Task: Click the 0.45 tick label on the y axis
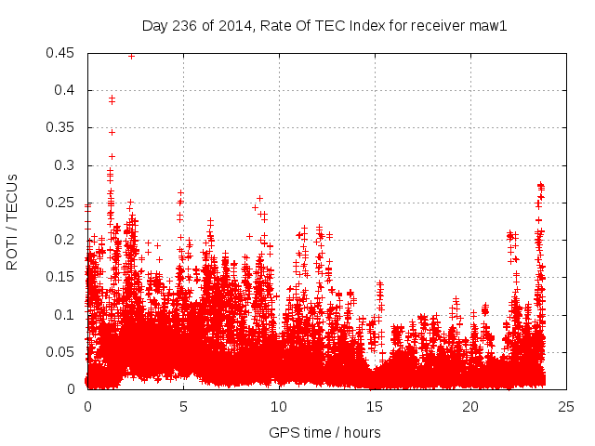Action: point(62,53)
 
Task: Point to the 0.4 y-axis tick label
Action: point(66,90)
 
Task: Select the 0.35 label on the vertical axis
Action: point(62,128)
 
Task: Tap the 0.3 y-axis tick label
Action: point(66,165)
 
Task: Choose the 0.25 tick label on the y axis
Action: point(62,203)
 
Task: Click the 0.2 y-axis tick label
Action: point(66,240)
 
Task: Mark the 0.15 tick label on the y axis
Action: point(62,277)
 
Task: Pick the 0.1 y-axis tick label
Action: point(66,314)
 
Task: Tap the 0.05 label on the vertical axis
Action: point(62,351)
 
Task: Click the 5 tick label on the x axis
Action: point(183,407)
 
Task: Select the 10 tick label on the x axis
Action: point(279,407)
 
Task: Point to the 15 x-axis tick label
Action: point(375,407)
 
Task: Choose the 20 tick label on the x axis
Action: point(470,407)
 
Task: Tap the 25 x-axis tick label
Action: point(566,407)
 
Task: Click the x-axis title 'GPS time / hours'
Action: point(324,432)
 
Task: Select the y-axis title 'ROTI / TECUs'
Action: point(13,221)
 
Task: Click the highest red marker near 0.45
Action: point(131,55)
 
